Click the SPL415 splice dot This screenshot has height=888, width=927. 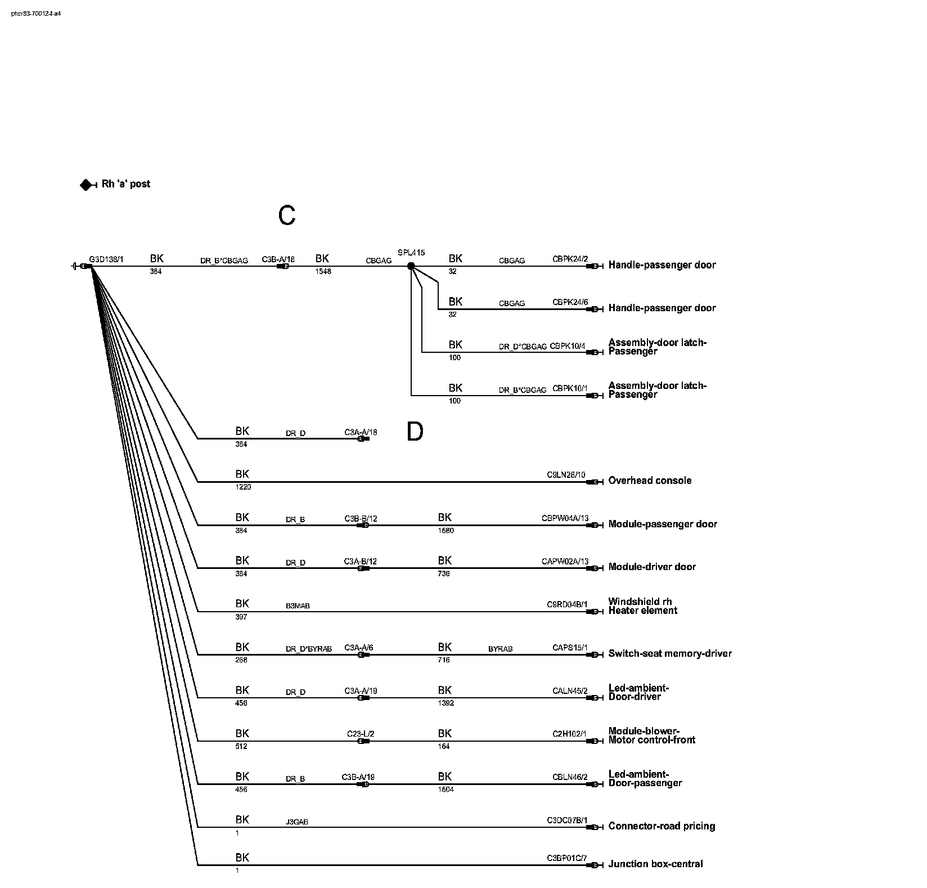[411, 266]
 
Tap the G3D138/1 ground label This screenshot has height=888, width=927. [106, 259]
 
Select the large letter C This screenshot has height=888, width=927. [287, 216]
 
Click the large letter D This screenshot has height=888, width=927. [415, 432]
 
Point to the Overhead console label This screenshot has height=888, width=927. [650, 481]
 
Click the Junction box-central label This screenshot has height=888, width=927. [655, 864]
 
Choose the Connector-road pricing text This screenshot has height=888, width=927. [661, 826]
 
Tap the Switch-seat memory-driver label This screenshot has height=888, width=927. [670, 653]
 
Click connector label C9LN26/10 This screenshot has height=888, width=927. [566, 475]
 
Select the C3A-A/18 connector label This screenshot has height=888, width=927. [361, 432]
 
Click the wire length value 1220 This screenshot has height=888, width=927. [243, 487]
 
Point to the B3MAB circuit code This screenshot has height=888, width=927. [298, 606]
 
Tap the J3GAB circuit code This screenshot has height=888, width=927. [297, 822]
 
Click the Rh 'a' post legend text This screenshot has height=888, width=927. [126, 184]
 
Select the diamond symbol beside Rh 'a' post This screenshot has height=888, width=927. [86, 185]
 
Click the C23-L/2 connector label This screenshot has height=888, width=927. [361, 734]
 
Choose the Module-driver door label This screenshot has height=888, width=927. [652, 567]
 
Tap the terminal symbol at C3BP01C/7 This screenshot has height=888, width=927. [594, 865]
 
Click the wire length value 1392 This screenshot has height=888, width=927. [445, 703]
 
